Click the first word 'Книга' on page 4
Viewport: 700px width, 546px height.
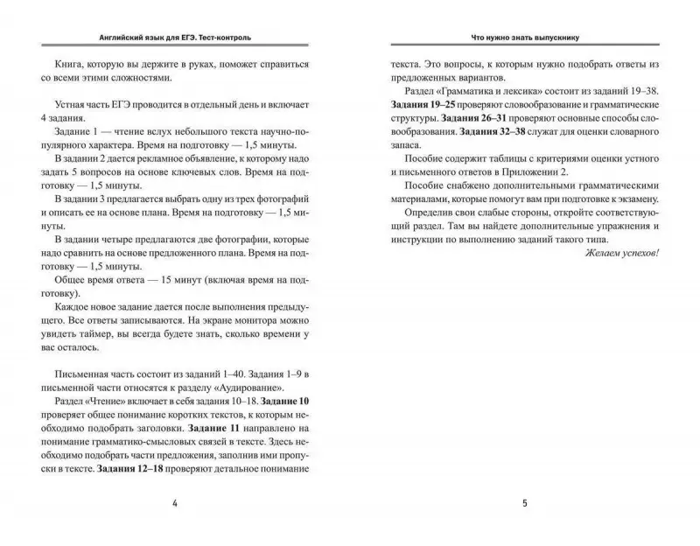coord(72,64)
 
